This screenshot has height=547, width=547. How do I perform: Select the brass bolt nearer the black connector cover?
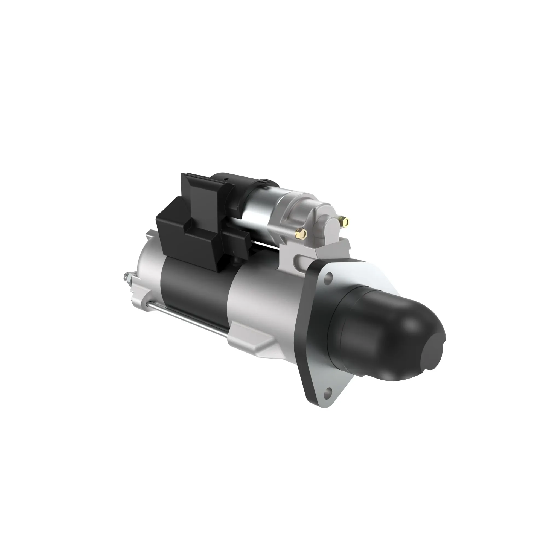coord(301,233)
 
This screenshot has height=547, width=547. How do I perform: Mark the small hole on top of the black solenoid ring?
coord(226,179)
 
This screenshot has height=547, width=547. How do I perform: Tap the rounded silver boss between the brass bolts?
coord(325,226)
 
